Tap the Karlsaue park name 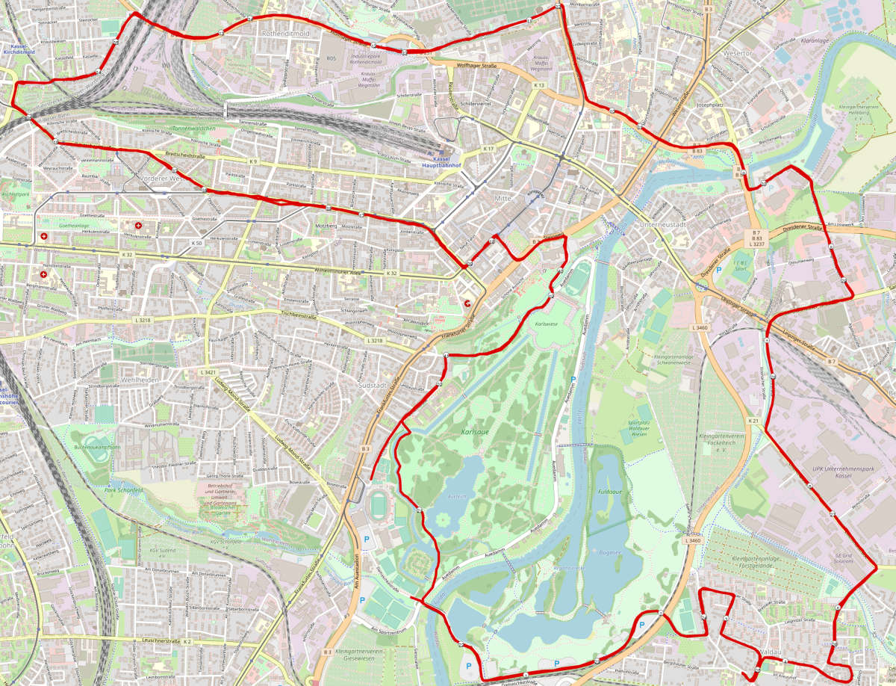click(x=476, y=433)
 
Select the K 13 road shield click(x=538, y=86)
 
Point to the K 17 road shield click(x=488, y=149)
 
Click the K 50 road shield click(x=196, y=243)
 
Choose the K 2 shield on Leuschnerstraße click(x=187, y=641)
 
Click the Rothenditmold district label click(x=285, y=34)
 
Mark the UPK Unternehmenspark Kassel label click(x=821, y=470)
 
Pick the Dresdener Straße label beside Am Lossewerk click(x=802, y=228)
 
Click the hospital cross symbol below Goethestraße click(x=137, y=225)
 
